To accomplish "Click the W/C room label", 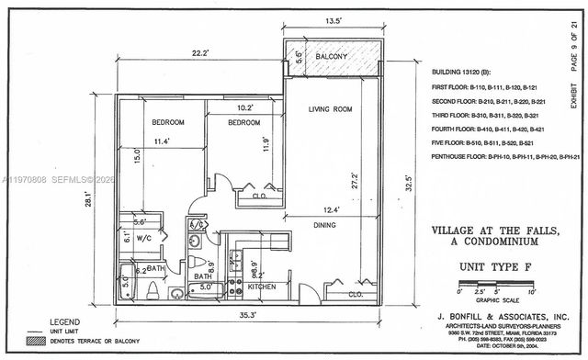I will tap(145, 237).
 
